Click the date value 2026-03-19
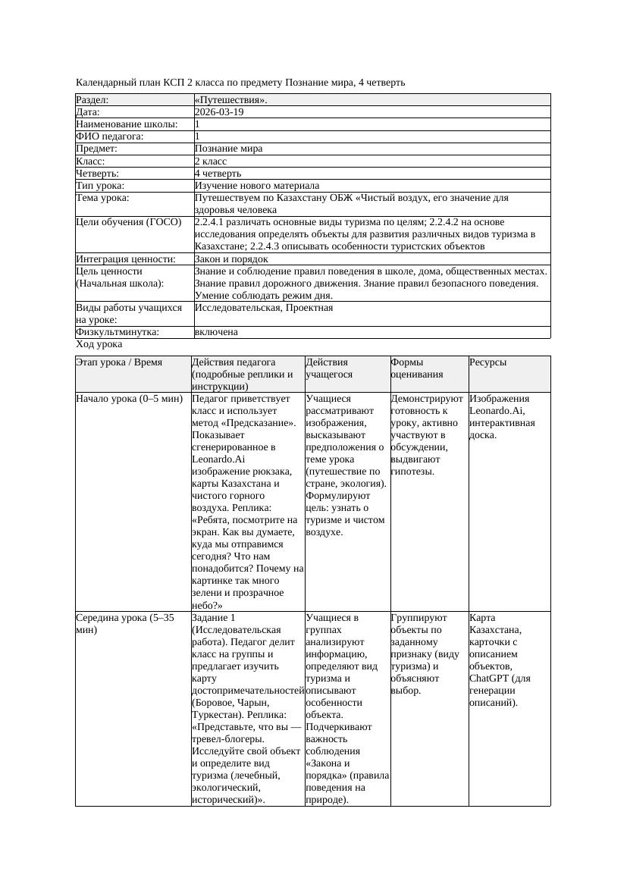(219, 112)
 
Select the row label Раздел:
(92, 100)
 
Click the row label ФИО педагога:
(110, 136)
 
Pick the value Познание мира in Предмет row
(228, 149)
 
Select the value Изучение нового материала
(257, 186)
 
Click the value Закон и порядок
(231, 259)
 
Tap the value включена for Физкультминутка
(216, 332)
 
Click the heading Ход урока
(99, 344)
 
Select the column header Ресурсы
(488, 362)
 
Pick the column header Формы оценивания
(417, 368)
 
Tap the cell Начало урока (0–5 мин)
(130, 399)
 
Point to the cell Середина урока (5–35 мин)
(124, 624)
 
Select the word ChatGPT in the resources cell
(488, 679)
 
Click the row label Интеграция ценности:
(125, 259)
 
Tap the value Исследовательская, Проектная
(264, 308)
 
